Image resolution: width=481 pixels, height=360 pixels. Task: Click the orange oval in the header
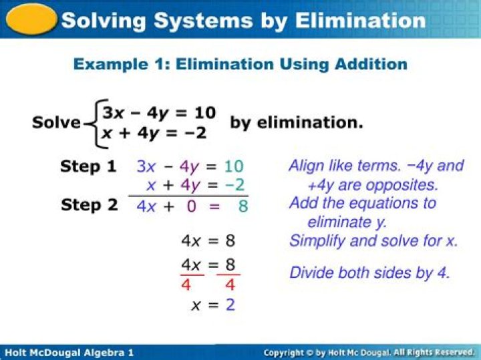[x=30, y=19]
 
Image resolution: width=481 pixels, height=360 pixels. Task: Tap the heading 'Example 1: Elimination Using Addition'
[x=240, y=64]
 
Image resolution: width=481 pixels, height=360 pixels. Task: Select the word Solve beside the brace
[x=56, y=123]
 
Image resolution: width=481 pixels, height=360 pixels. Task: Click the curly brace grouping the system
[x=92, y=123]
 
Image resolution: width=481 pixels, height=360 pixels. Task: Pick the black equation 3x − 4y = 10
[x=159, y=113]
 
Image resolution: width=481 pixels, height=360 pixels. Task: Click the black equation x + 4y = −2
[x=154, y=134]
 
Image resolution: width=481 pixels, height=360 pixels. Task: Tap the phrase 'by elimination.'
[x=297, y=123]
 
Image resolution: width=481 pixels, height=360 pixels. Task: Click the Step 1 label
[x=88, y=166]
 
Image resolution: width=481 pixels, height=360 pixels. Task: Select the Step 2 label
[x=89, y=205]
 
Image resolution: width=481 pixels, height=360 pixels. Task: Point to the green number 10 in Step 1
[x=234, y=166]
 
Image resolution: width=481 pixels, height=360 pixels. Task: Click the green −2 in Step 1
[x=234, y=185]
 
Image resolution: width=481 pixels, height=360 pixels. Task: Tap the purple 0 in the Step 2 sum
[x=191, y=206]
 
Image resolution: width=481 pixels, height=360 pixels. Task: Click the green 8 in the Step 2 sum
[x=243, y=206]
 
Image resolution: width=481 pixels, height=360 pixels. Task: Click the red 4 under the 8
[x=229, y=285]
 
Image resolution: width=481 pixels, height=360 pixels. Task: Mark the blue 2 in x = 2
[x=230, y=305]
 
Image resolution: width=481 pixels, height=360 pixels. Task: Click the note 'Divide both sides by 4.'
[x=369, y=273]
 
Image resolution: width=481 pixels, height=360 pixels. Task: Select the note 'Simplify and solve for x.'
[x=373, y=240]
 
